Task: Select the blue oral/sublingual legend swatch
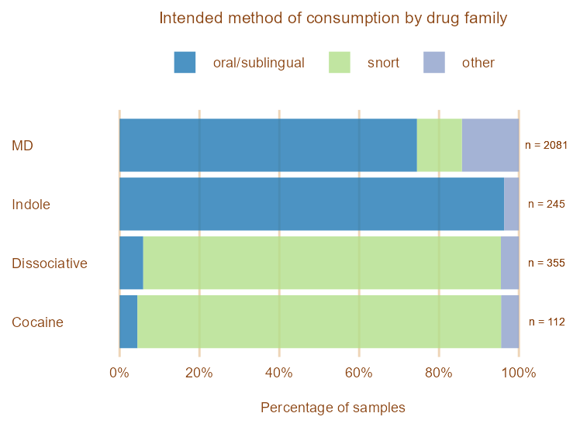[185, 63]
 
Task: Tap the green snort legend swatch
[340, 63]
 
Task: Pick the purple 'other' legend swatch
[434, 63]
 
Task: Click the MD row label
[22, 146]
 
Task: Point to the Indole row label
[31, 205]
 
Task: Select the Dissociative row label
[50, 263]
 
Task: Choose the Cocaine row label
[37, 322]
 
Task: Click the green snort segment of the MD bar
[439, 146]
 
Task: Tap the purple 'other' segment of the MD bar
[490, 146]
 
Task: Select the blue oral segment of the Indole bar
[311, 205]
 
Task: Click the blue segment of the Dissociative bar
[131, 263]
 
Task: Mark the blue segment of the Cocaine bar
[128, 322]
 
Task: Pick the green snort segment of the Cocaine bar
[319, 322]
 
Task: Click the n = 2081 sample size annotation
[547, 146]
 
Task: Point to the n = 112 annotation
[547, 322]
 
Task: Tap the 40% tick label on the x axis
[279, 373]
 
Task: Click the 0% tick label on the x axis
[119, 373]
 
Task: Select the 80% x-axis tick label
[439, 373]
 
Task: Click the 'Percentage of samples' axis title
[333, 408]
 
